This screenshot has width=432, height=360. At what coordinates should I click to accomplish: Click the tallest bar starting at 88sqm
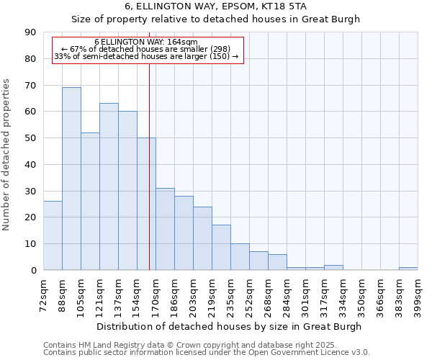pos(71,179)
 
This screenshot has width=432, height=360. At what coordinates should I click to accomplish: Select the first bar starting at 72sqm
pos(53,235)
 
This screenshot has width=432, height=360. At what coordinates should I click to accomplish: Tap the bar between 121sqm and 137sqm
pos(109,186)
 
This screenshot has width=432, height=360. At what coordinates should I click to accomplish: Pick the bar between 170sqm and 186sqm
pos(165,229)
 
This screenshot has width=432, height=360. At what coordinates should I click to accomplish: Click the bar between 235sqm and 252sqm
pos(240,257)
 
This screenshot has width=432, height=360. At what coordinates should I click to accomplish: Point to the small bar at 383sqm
pos(408,269)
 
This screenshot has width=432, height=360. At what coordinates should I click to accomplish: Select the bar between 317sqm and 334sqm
pos(333,268)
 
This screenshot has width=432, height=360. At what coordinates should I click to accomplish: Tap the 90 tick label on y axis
pos(30,32)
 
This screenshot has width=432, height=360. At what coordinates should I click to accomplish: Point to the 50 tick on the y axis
pos(30,138)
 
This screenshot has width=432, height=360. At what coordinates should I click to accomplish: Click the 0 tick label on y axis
pos(33,271)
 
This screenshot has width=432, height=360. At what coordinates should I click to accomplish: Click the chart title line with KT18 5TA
pos(215,6)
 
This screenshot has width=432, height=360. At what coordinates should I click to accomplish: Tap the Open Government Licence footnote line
pos(207,353)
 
